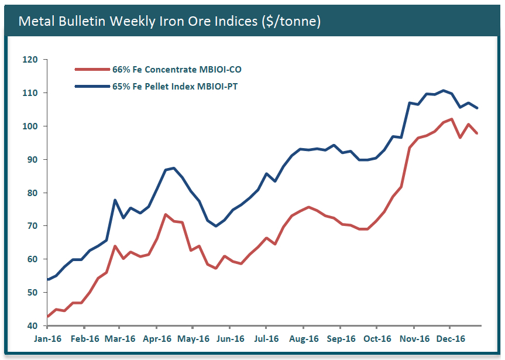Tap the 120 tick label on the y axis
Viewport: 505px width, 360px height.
pos(30,60)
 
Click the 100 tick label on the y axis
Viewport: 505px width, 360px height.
pos(30,126)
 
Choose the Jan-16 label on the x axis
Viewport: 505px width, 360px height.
pos(48,338)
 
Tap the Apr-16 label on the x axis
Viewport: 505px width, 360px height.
pos(157,338)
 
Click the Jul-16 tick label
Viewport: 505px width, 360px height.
pos(267,338)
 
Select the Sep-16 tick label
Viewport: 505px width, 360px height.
pos(341,338)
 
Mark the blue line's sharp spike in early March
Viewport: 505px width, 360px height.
pos(115,200)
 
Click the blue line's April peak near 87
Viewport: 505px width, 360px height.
pos(173,168)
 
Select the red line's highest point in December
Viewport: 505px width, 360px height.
pos(451,119)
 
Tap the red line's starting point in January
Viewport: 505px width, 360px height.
pos(48,317)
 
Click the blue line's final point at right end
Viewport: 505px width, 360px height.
pos(477,108)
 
